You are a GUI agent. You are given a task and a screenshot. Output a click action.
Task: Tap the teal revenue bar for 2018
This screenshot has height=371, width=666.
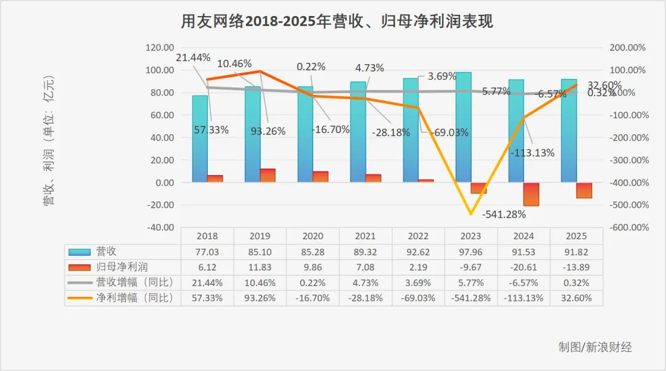(200, 139)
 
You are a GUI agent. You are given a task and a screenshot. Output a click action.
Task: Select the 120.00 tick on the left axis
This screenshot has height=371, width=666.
(159, 47)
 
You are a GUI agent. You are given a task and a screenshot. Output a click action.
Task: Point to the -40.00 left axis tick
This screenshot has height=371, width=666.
(159, 227)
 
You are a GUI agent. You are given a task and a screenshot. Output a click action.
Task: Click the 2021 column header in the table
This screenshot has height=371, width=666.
(365, 236)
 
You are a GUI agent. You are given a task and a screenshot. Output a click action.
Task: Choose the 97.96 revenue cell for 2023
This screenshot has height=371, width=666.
(471, 251)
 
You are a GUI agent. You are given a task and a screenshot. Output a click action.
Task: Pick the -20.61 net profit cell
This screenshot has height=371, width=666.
(523, 267)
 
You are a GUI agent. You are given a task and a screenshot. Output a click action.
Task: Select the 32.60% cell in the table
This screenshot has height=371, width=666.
(576, 298)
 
